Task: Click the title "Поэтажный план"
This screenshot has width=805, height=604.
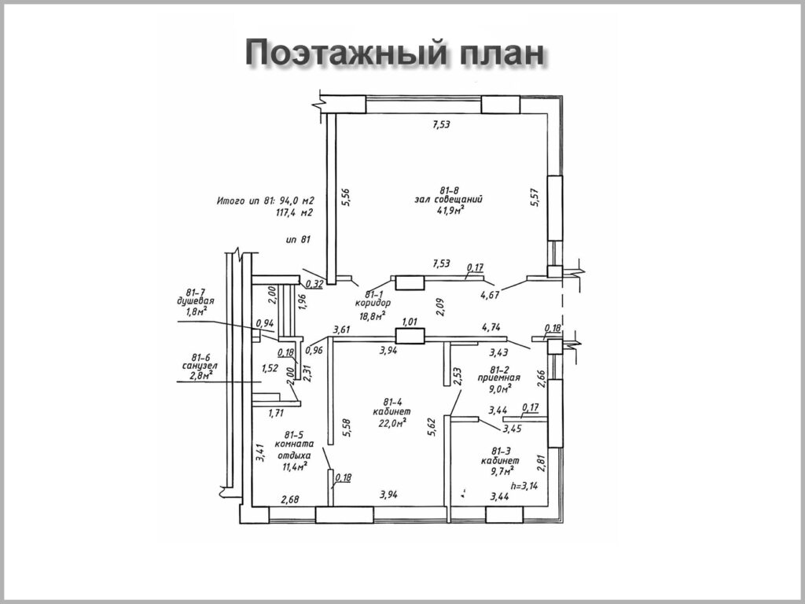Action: pos(394,53)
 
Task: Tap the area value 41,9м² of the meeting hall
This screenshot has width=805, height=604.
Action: pos(449,211)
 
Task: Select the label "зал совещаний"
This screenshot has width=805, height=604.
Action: pos(449,200)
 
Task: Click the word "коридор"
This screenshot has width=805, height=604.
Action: pos(373,303)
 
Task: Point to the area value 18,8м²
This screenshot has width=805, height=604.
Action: pos(373,315)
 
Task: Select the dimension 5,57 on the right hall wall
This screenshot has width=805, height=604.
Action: pos(536,197)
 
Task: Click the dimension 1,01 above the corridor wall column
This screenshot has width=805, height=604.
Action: pos(409,322)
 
